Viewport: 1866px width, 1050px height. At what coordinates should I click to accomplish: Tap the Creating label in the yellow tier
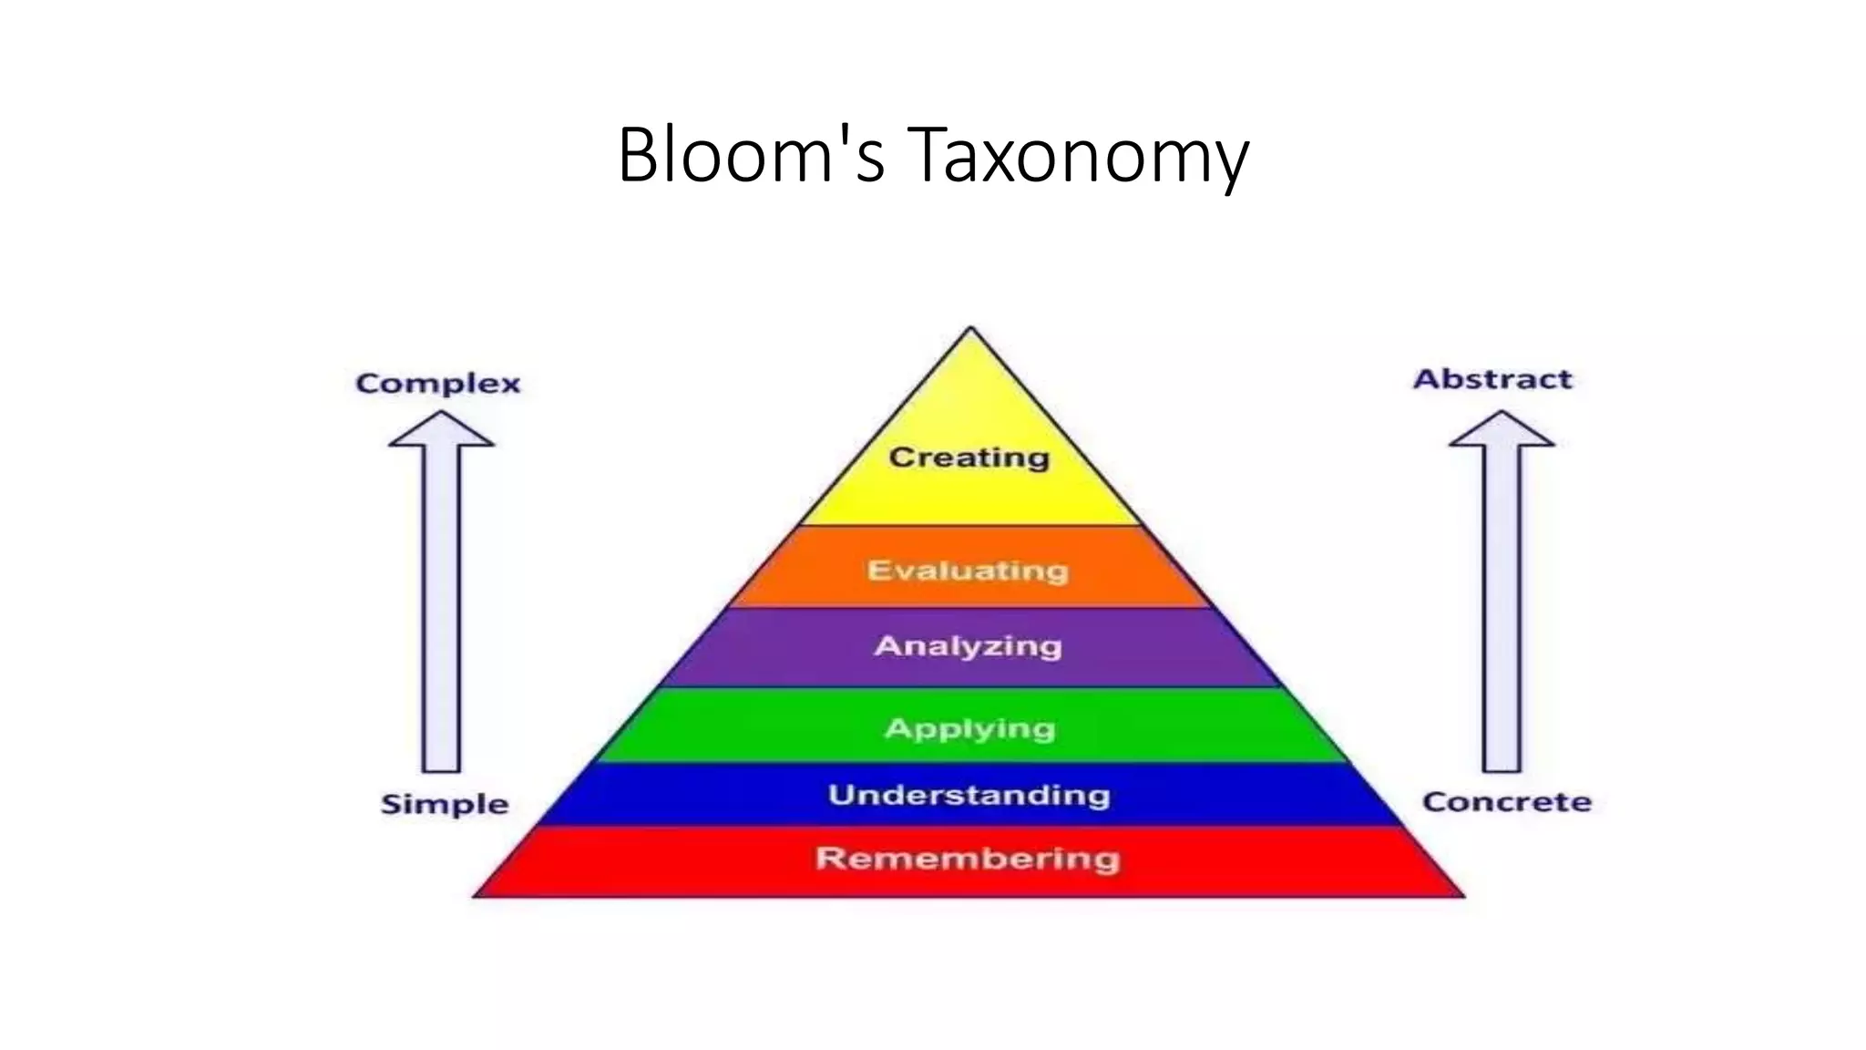969,457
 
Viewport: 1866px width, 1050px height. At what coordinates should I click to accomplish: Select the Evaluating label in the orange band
968,571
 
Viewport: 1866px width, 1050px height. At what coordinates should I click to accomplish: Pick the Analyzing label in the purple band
969,646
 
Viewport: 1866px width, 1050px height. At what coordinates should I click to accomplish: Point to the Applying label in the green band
970,728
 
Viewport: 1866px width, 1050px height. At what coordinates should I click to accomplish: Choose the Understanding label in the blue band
969,795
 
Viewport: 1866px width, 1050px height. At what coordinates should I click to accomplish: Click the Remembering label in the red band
968,859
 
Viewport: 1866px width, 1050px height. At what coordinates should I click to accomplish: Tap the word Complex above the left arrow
438,384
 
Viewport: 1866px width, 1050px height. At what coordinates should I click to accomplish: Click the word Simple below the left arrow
445,804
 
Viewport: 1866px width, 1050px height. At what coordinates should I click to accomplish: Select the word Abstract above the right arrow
1492,379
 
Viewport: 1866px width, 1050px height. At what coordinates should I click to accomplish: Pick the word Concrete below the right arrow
1507,802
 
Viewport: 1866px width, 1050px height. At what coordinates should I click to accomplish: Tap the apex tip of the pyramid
970,330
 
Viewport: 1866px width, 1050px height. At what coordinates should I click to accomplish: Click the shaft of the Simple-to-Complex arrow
441,611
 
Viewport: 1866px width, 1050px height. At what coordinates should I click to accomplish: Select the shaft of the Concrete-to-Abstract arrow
1502,611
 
